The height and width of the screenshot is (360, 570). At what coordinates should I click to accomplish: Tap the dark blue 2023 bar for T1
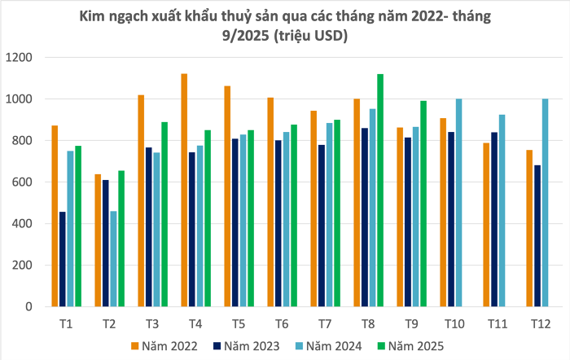tap(63, 259)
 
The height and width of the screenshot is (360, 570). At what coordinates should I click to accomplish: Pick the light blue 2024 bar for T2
tap(114, 259)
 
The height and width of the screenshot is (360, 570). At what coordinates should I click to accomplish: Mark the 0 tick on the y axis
tap(28, 307)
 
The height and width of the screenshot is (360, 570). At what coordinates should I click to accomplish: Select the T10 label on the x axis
tap(454, 324)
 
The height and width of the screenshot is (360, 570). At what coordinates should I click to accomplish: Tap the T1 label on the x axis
tap(66, 324)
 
